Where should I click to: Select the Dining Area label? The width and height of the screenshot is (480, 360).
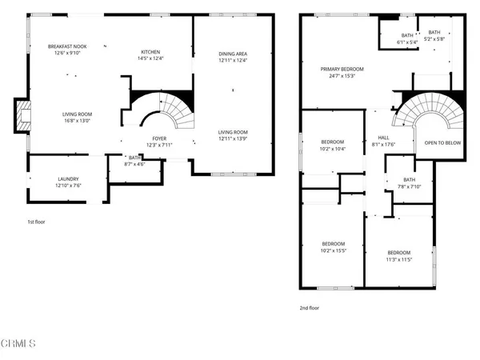(x=233, y=54)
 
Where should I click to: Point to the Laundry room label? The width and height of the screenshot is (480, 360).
(x=68, y=178)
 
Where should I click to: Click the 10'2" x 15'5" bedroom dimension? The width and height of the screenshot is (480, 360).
(x=333, y=250)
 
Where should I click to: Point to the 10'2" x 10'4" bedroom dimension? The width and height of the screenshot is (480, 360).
(x=332, y=149)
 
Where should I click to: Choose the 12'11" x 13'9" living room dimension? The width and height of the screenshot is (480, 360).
(x=233, y=138)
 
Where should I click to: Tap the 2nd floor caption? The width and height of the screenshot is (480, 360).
(x=309, y=306)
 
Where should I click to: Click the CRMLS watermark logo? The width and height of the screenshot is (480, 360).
(x=18, y=344)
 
